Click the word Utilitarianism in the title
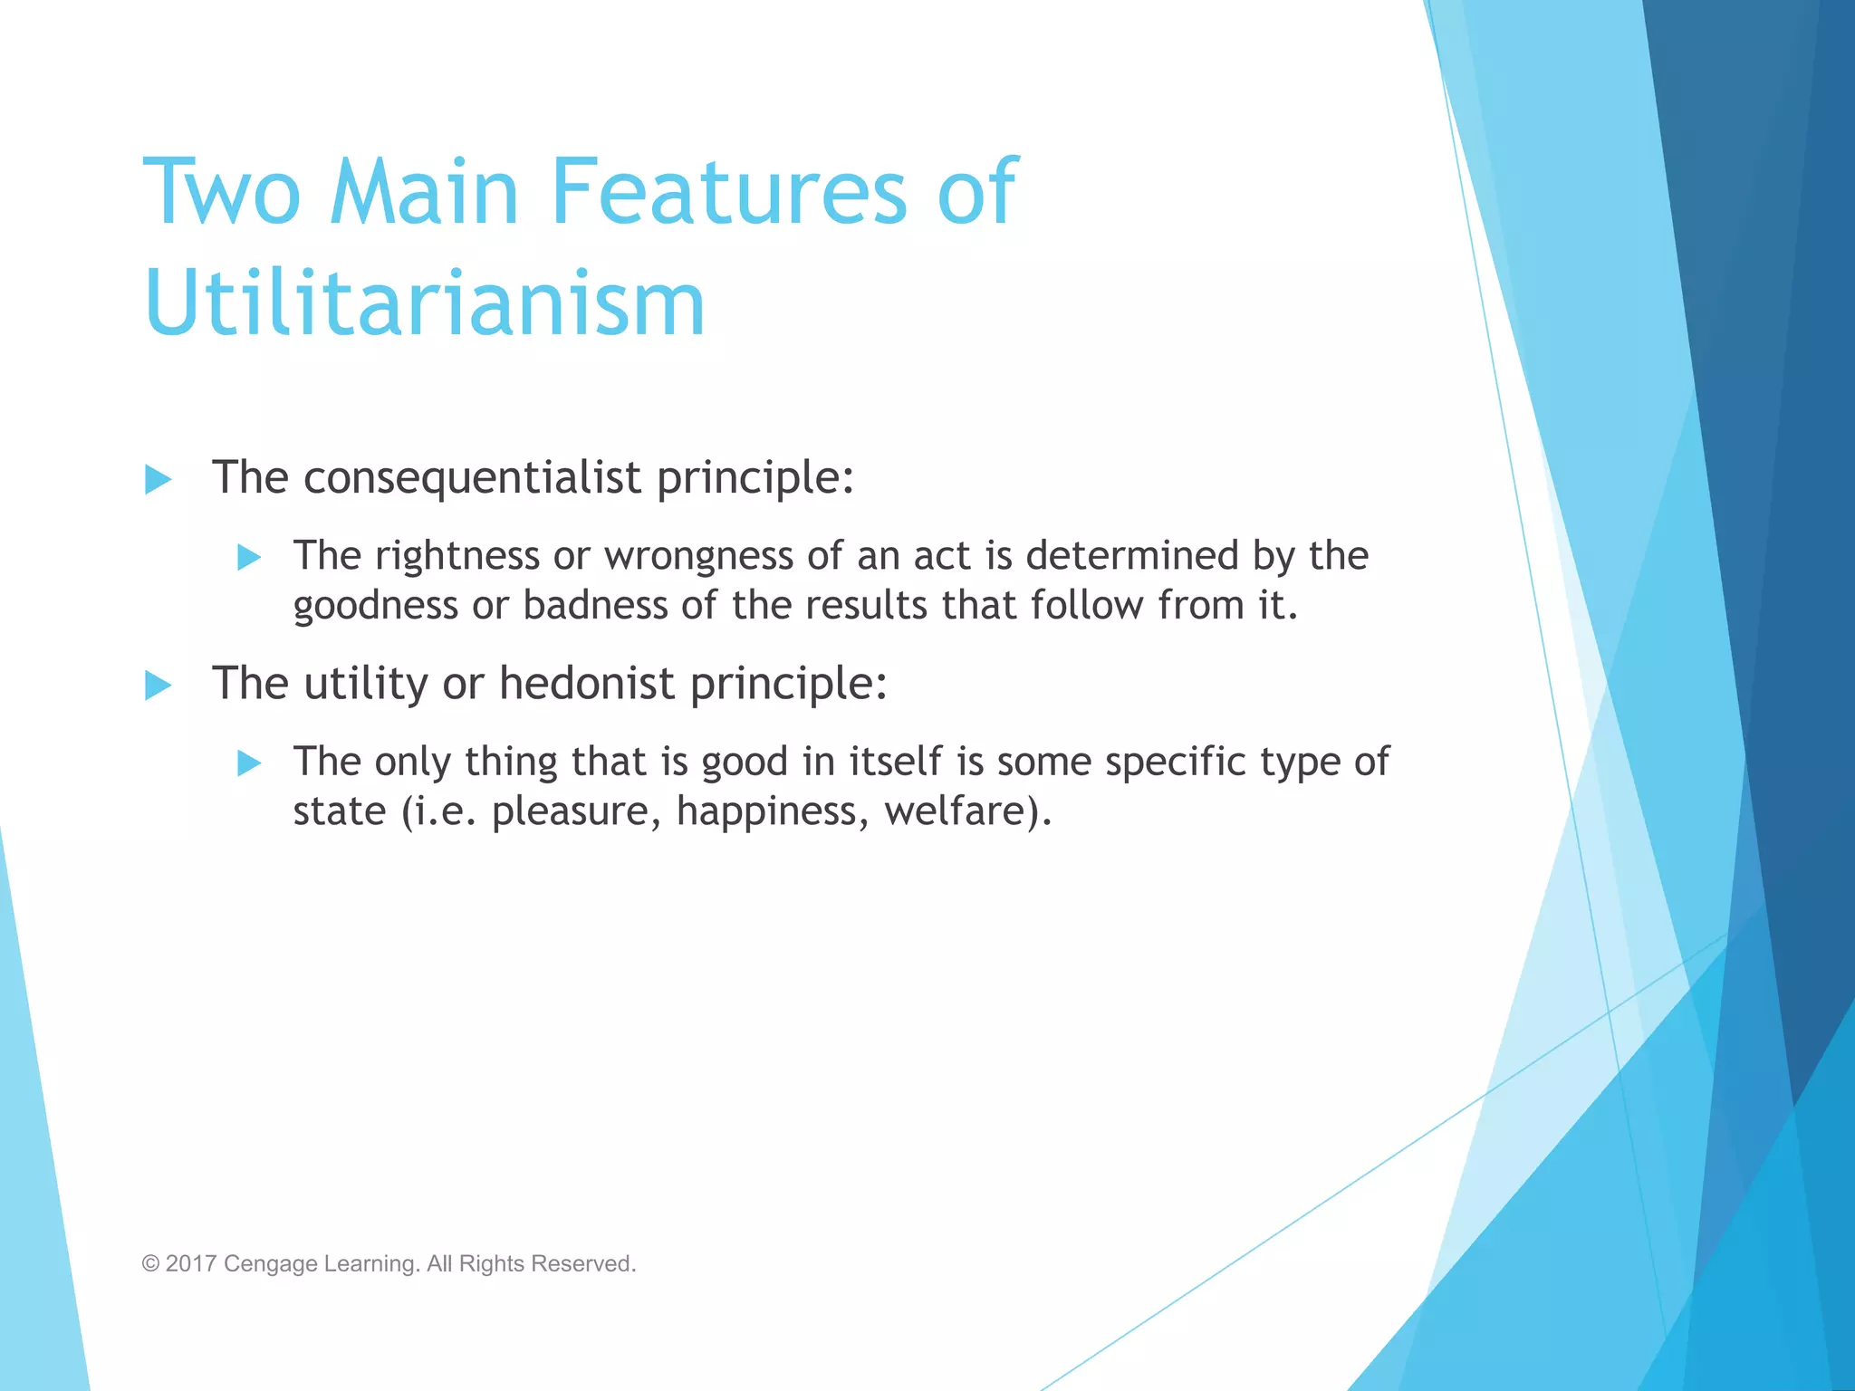tap(424, 303)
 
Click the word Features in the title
tap(728, 192)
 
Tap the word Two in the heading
tap(222, 192)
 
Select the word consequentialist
tap(472, 477)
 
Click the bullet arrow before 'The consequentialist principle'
tap(159, 479)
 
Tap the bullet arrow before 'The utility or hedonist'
tap(159, 685)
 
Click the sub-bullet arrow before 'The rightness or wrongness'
tap(249, 557)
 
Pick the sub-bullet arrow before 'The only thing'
tap(249, 763)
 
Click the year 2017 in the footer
tap(191, 1263)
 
